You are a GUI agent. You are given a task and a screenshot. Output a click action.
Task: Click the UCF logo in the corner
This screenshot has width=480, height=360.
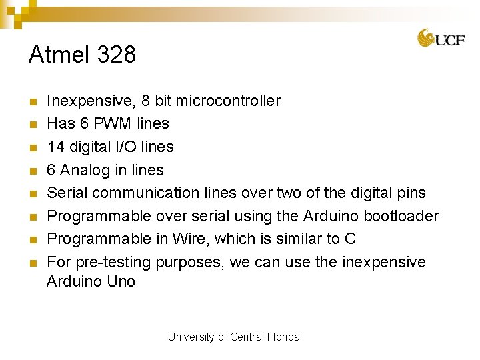(441, 38)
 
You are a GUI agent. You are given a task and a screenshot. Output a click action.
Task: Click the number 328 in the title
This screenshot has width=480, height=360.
(116, 55)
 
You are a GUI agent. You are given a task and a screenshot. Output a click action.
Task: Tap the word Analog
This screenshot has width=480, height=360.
(85, 170)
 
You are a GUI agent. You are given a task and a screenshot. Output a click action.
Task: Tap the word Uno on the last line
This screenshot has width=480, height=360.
(121, 281)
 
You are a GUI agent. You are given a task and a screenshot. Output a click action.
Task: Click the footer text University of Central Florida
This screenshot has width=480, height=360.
(234, 337)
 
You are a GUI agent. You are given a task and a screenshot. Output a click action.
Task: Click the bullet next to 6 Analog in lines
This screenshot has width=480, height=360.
(31, 171)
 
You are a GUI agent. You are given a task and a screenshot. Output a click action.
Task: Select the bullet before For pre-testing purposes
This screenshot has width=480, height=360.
(31, 263)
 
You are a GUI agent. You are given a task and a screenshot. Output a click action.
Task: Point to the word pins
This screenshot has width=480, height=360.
(409, 193)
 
